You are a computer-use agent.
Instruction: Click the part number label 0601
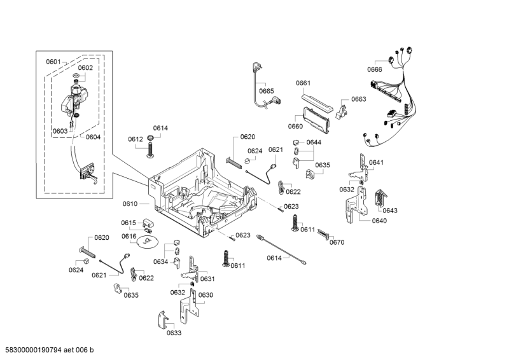coord(53,62)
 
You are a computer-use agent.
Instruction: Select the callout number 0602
coord(85,68)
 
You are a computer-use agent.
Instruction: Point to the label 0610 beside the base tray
coord(130,204)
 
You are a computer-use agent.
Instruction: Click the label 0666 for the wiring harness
coord(375,70)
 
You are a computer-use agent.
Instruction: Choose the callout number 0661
coord(303,83)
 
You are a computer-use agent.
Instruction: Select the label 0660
coord(295,127)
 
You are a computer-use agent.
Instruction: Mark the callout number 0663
coord(359,99)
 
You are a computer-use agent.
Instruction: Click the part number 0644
coord(314,142)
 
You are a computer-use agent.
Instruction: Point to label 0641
coord(376,163)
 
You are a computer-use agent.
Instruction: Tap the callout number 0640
coord(379,221)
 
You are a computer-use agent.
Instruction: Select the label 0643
coord(390,211)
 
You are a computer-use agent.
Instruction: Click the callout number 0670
coord(337,242)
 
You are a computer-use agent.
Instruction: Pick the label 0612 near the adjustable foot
coord(135,139)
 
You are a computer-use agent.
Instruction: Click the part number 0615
coord(129,223)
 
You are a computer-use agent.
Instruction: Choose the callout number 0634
coord(160,261)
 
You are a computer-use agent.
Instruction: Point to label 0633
coord(174,333)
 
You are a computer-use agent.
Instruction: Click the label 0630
coord(206,295)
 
